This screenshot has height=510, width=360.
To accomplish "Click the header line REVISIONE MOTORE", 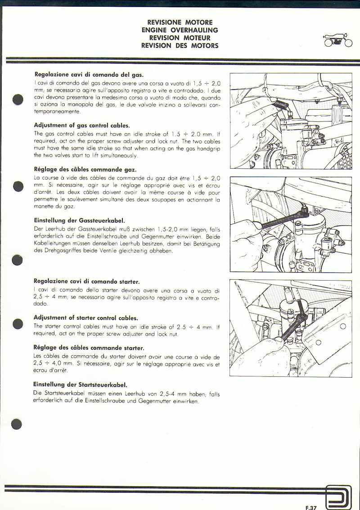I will [x=180, y=22].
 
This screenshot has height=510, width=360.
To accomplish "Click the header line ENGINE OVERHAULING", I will [x=180, y=30].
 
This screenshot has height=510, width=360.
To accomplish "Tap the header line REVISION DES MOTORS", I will [x=180, y=45].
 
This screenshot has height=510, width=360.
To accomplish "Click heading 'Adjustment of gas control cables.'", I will [x=82, y=125].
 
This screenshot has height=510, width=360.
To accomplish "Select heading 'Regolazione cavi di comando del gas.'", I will [x=89, y=74].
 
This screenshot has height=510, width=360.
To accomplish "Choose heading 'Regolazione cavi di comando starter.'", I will [x=87, y=282].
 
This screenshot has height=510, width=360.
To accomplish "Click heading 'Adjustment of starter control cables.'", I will [x=85, y=318].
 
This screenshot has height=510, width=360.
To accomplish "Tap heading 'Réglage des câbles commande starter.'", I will [x=89, y=348].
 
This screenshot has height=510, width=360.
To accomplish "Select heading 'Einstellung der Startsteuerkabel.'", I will [x=81, y=385].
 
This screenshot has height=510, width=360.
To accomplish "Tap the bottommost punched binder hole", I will [x=17, y=424].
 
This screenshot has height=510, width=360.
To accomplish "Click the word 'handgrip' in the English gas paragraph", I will [x=208, y=148].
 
